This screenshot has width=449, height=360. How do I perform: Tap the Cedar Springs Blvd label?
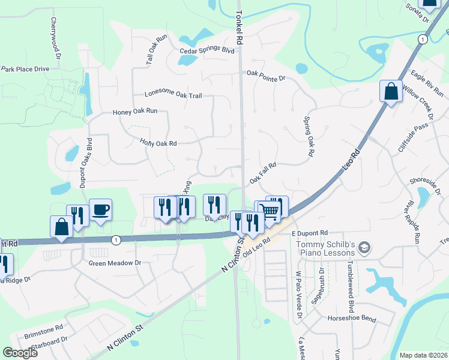pyautogui.click(x=206, y=51)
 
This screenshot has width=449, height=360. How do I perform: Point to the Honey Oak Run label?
pyautogui.click(x=135, y=112)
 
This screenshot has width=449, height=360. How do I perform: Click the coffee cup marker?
pyautogui.click(x=101, y=211)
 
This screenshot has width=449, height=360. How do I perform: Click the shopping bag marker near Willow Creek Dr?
pyautogui.click(x=391, y=92)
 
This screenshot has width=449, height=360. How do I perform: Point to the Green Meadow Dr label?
pyautogui.click(x=114, y=263)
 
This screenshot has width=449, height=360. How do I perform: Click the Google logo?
pyautogui.click(x=20, y=353)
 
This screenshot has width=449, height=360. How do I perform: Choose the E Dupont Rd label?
pyautogui.click(x=310, y=232)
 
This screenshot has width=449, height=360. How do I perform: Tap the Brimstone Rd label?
pyautogui.click(x=43, y=329)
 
